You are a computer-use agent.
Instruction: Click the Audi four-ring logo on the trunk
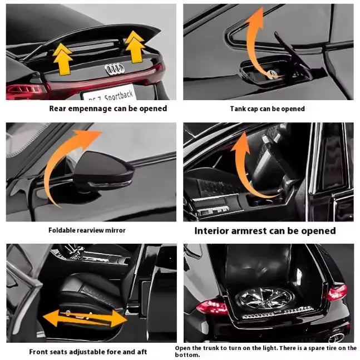tap(114, 69)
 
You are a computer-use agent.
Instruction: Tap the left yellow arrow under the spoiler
tap(62, 59)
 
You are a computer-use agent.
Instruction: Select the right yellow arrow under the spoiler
tap(135, 47)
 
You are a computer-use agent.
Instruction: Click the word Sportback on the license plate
tap(119, 95)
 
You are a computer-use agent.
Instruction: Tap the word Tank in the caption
tap(236, 109)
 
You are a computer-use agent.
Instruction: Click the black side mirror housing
tap(103, 170)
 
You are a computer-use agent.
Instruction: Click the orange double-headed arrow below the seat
tap(85, 318)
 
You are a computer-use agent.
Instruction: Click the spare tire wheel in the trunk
tap(264, 298)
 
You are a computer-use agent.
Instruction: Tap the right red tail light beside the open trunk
tap(337, 293)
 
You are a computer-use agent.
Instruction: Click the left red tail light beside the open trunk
tap(212, 307)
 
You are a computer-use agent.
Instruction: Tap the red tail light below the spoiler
tap(26, 91)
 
